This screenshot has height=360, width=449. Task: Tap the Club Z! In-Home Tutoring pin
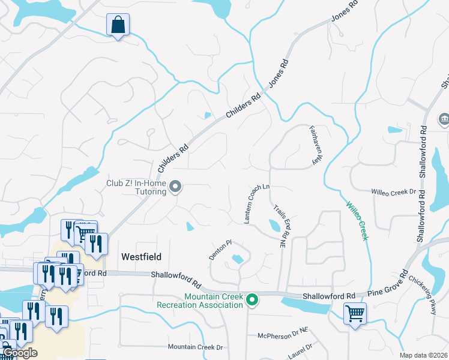(x=175, y=188)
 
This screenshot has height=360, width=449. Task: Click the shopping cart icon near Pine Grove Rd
(x=354, y=313)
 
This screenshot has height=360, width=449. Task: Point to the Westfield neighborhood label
(x=142, y=256)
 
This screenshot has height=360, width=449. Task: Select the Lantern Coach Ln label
(x=256, y=203)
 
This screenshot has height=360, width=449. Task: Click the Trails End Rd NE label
(x=280, y=227)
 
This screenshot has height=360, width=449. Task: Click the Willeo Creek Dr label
(x=394, y=192)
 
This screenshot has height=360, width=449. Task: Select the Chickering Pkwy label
(x=424, y=295)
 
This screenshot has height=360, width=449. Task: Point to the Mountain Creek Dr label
(x=195, y=347)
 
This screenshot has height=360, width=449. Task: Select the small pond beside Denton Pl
(x=236, y=260)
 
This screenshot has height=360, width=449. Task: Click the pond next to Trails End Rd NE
(x=274, y=226)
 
